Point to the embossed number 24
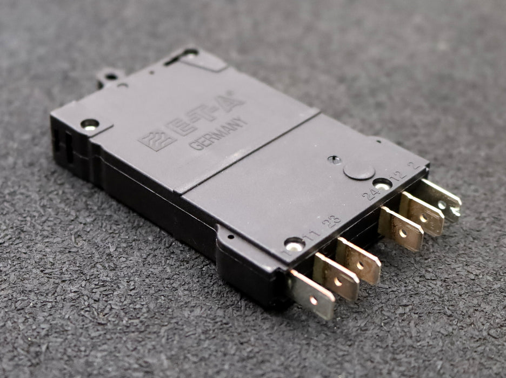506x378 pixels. (371, 193)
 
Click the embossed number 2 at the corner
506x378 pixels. (415, 165)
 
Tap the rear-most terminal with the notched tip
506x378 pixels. (442, 200)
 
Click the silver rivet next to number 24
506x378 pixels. (382, 184)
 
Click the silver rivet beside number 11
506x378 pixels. (294, 245)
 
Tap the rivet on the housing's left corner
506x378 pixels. (89, 125)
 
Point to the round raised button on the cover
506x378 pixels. (359, 171)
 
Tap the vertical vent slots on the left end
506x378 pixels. (63, 146)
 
